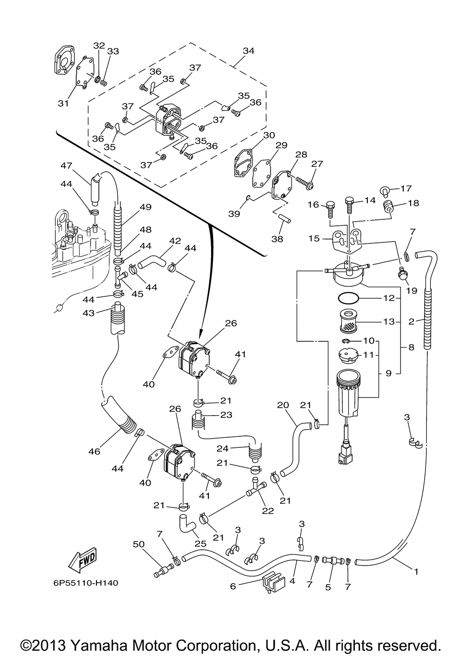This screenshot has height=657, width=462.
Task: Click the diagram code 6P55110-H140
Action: click(85, 583)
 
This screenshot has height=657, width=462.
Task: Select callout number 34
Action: click(248, 51)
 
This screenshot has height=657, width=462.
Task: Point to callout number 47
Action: click(66, 165)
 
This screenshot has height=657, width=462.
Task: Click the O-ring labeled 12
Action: click(354, 298)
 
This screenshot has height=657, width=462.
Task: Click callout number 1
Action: click(416, 572)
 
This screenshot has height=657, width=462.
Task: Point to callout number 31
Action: click(63, 103)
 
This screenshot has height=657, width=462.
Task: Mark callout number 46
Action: click(94, 451)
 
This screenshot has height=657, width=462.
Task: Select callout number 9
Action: click(388, 373)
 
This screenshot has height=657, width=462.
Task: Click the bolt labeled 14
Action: click(350, 204)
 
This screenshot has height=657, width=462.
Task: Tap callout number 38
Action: click(277, 239)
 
